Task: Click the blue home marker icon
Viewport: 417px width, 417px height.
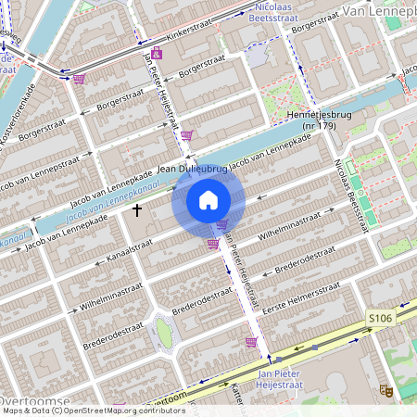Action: click(208, 200)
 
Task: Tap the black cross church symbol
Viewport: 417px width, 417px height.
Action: click(137, 210)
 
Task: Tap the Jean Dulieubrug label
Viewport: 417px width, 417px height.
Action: click(193, 170)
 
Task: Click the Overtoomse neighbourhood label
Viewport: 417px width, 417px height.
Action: click(35, 400)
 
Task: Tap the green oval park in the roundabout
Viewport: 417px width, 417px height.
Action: click(164, 330)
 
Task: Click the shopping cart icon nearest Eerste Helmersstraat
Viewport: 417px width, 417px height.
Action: click(250, 341)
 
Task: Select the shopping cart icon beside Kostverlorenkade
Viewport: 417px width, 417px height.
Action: click(79, 79)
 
